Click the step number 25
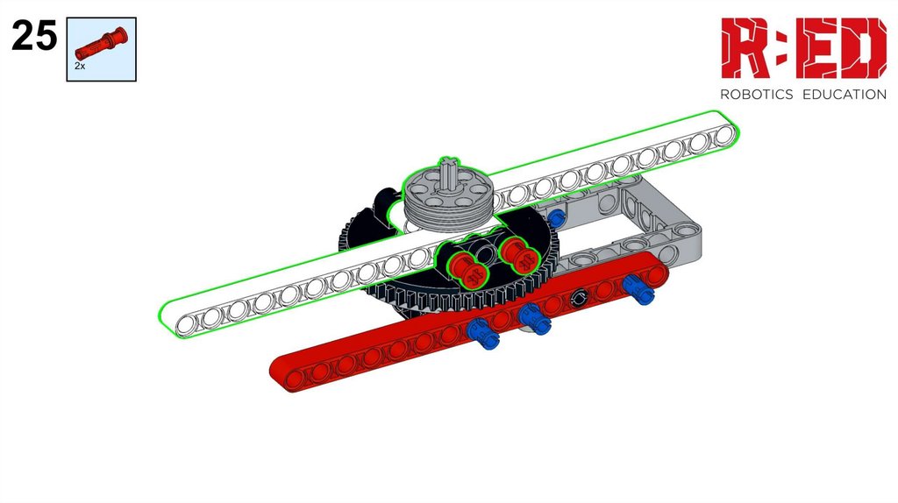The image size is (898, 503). pyautogui.click(x=34, y=35)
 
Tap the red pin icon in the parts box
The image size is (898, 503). pyautogui.click(x=102, y=44)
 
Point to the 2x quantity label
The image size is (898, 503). pyautogui.click(x=80, y=66)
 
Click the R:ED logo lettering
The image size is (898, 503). pyautogui.click(x=803, y=48)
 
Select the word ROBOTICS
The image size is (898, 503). pyautogui.click(x=756, y=95)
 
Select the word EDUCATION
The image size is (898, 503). pyautogui.click(x=845, y=95)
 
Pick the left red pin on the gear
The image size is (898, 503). pyautogui.click(x=465, y=269)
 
